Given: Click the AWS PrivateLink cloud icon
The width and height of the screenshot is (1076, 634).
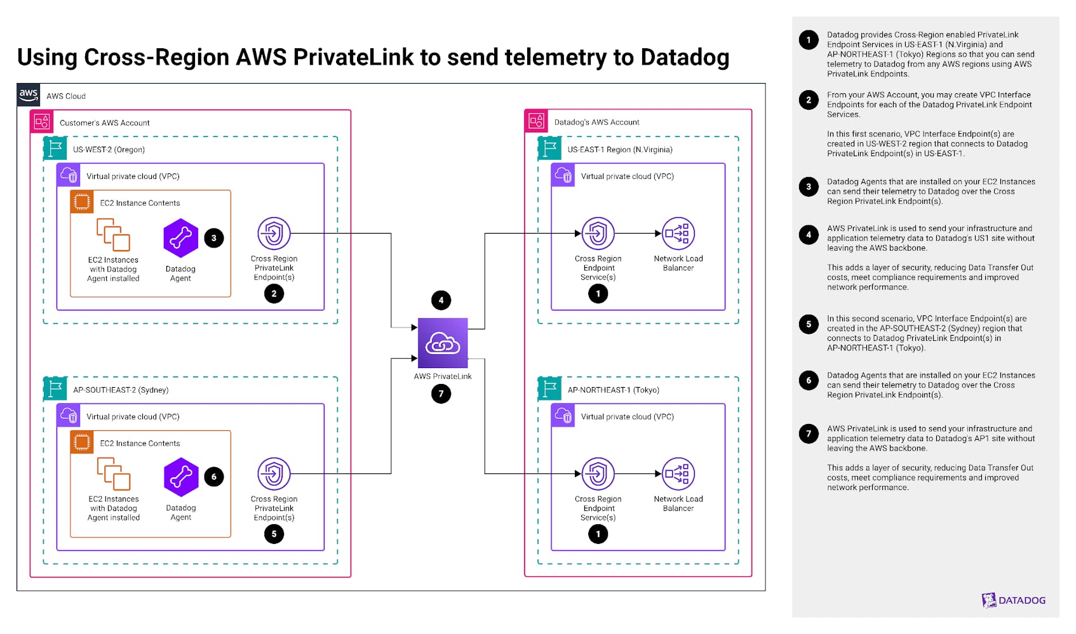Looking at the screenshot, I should tap(443, 343).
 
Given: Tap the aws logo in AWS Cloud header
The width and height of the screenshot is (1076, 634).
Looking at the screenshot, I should tap(29, 95).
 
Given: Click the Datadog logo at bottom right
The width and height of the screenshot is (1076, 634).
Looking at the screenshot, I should tap(1013, 600).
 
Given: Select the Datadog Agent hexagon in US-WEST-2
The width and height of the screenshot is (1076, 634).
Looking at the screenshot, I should tap(181, 238).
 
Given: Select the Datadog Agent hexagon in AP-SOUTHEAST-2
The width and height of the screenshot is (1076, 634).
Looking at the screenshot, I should tap(181, 477).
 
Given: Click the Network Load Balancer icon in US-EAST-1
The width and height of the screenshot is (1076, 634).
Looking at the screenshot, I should tap(678, 234).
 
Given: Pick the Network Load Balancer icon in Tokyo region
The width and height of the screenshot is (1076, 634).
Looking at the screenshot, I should tap(678, 474).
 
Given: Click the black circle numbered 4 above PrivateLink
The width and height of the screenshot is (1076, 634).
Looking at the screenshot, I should tap(441, 300).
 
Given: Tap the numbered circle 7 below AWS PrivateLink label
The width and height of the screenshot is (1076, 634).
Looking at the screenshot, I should tap(441, 393).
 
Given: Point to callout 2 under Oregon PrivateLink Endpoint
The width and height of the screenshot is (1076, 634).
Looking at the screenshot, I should tap(274, 294).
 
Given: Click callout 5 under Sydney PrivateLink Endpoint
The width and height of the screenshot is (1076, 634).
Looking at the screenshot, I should tap(274, 534).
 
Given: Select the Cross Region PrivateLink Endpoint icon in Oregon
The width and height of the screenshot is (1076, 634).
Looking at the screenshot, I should tap(274, 234).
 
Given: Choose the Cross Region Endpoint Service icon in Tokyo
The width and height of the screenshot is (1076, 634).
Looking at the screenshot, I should tap(598, 474).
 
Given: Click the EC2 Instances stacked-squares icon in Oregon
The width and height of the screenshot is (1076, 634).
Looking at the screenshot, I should tap(113, 235).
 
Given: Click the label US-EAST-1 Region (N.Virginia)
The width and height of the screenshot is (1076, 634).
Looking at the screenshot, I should tap(619, 150).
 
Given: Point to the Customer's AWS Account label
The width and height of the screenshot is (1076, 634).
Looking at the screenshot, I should tap(104, 123).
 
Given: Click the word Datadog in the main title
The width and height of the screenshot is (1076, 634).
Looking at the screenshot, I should tap(684, 57).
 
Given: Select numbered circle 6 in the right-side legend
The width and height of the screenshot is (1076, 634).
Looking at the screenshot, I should tap(809, 380).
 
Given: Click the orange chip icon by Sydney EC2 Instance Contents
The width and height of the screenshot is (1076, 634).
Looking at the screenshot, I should tap(82, 442).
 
